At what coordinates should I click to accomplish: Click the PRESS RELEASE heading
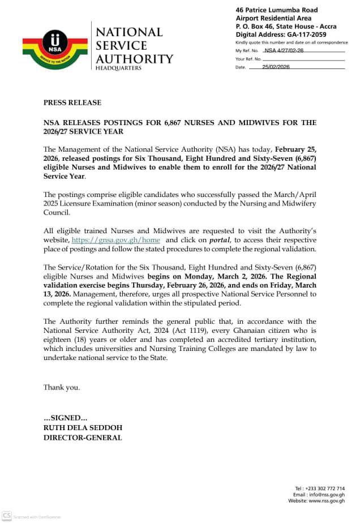coord(72,102)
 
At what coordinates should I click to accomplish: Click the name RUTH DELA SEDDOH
coord(83,427)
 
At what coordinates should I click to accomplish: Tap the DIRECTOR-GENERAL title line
coord(83,437)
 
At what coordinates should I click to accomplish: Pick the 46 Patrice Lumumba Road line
coord(277,10)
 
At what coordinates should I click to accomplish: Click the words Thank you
coord(62,388)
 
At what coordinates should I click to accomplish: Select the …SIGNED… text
coord(65,418)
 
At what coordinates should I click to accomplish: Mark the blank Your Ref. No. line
coord(303,59)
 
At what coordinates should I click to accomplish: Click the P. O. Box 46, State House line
coord(285,26)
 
